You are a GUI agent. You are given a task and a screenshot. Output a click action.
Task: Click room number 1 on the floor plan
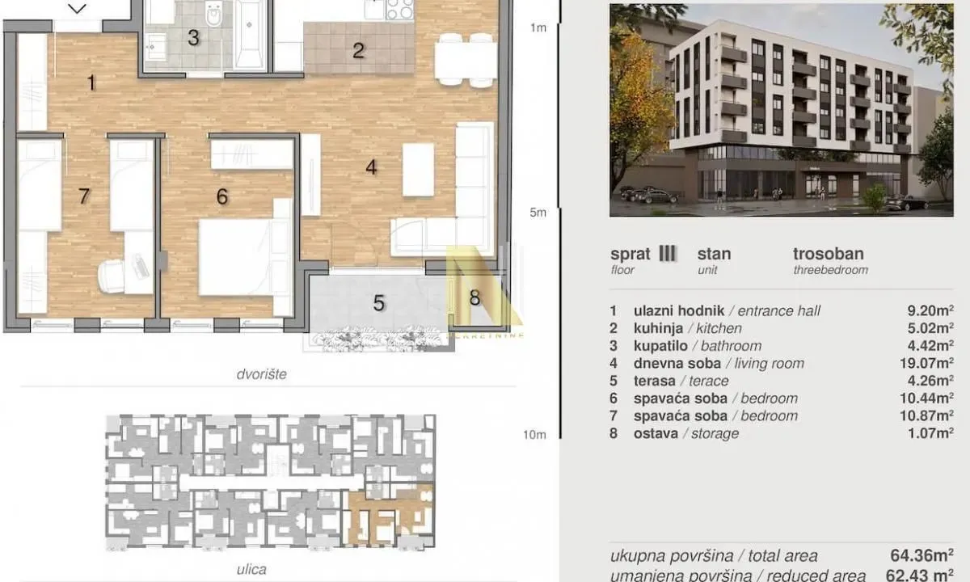tap(91, 82)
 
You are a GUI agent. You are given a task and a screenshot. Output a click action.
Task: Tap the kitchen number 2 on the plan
tap(358, 51)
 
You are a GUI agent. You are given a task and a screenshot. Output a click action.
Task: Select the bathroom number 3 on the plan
tap(193, 37)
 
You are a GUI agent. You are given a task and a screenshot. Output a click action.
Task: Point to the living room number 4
tap(371, 167)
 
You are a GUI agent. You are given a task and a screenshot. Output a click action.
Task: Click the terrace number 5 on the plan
tap(378, 303)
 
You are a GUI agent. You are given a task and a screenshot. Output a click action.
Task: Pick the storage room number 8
tap(474, 297)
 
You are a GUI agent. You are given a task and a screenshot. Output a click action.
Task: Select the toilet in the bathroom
tap(214, 15)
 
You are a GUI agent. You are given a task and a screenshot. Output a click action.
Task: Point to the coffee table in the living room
tap(418, 169)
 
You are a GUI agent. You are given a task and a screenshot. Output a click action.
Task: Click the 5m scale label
tap(538, 213)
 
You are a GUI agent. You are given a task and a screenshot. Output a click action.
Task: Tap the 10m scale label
tap(534, 435)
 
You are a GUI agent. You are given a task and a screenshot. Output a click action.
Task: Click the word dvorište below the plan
tap(262, 375)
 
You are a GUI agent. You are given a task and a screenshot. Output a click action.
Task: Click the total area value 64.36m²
tap(919, 556)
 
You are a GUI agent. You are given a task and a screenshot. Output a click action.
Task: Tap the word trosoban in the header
tap(828, 254)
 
